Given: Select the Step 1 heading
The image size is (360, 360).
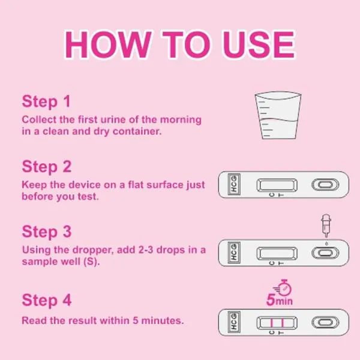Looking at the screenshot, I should [47, 101].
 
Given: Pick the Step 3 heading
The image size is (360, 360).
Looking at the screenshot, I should [47, 231].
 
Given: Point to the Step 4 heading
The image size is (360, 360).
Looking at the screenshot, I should [47, 301].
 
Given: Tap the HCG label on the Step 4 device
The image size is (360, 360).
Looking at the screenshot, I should [233, 323].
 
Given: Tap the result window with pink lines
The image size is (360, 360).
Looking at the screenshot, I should [275, 323].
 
